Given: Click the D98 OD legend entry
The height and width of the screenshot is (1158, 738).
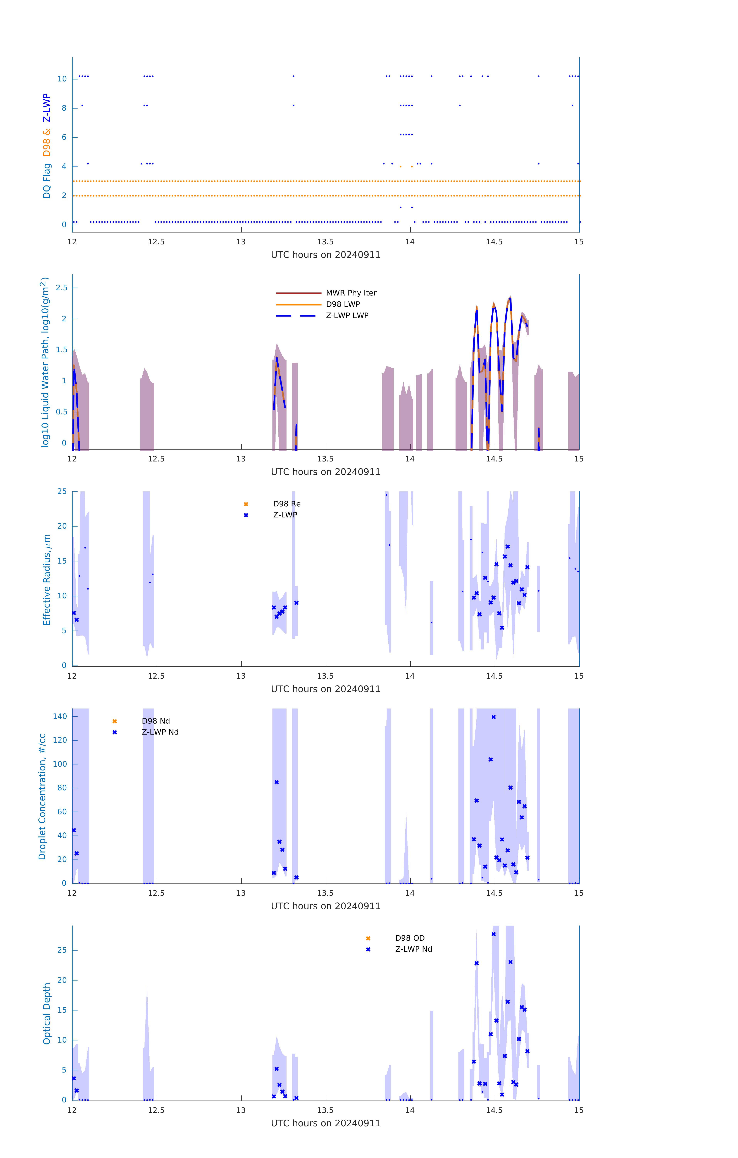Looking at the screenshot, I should [410, 938].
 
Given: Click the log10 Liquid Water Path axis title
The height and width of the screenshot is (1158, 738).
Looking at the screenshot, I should [45, 362].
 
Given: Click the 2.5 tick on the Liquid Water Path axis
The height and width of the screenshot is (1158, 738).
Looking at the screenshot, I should [62, 288].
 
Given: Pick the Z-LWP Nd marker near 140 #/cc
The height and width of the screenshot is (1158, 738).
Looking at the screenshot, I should [493, 717].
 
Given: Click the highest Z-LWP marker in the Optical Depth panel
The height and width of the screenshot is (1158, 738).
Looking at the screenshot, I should [493, 934].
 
